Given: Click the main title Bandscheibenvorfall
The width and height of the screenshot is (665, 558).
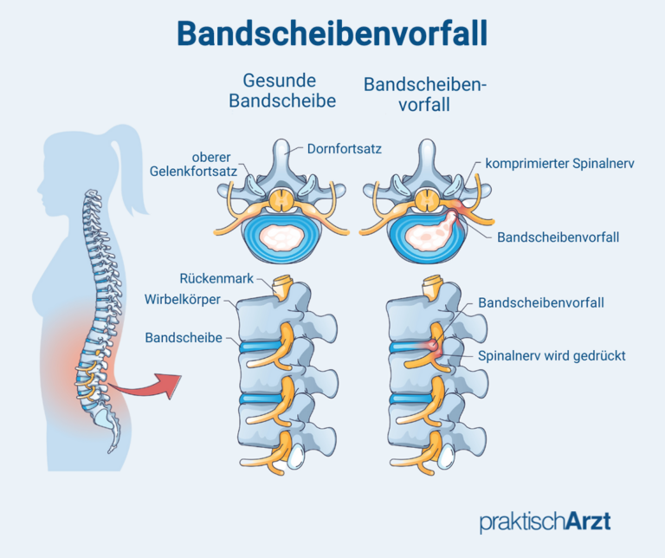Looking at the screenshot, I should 332,33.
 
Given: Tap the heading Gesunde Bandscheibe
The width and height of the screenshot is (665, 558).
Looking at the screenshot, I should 281,90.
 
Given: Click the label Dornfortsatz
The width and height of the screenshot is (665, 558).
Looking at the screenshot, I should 345,149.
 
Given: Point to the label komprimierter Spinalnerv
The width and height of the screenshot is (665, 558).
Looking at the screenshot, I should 561,163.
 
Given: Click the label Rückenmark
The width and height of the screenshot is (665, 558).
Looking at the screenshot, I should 216,279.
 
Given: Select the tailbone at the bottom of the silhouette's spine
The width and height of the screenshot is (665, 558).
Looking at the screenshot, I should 111,442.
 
